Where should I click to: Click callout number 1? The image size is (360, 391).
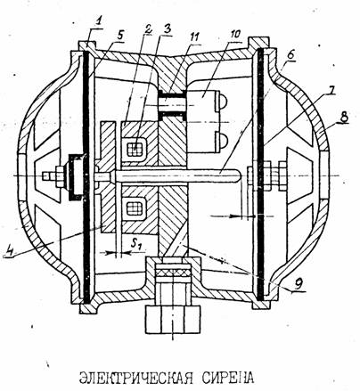pos(99,21)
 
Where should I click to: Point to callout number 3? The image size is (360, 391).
pos(168,29)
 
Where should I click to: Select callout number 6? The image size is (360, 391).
pos(290,54)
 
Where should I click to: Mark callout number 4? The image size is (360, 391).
pos(10,248)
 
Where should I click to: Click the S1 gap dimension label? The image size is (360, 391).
pos(137,244)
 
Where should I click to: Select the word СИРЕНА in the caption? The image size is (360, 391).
pos(228,377)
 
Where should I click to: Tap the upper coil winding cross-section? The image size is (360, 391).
pos(135,148)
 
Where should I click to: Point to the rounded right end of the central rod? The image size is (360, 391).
pos(236,175)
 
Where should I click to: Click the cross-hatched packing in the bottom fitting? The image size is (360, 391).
pos(172,272)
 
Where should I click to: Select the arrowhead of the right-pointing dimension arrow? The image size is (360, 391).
pos(234,216)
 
